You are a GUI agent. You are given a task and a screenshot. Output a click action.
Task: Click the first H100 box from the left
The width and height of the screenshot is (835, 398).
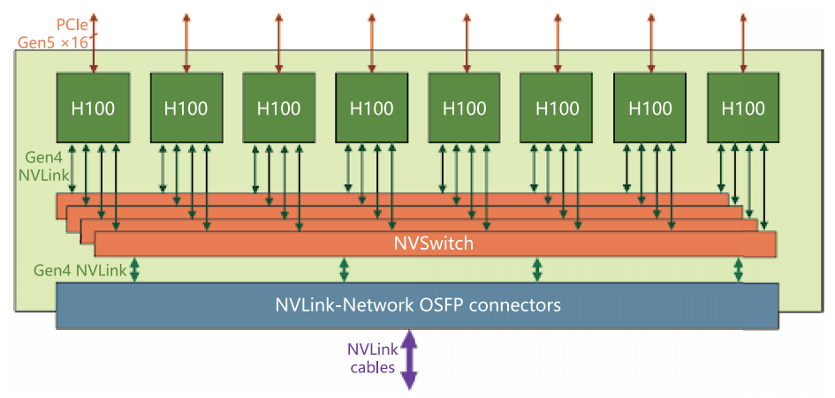[93, 108]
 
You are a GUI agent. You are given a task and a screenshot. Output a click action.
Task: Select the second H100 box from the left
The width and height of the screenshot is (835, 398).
[186, 108]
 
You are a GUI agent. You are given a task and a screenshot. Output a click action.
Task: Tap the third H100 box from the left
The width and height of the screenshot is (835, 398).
[278, 108]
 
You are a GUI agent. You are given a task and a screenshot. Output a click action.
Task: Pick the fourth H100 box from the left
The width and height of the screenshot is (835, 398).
[371, 108]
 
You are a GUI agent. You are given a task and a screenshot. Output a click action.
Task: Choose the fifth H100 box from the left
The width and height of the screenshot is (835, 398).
[464, 108]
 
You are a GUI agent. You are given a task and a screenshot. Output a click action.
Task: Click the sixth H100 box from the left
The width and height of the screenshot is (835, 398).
[557, 108]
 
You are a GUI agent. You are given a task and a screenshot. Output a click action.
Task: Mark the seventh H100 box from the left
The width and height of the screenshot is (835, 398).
[649, 108]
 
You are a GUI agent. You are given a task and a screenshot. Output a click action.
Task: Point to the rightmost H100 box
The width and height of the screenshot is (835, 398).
[742, 108]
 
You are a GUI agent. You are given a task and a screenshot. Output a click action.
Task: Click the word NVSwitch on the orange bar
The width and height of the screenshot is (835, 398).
[434, 244]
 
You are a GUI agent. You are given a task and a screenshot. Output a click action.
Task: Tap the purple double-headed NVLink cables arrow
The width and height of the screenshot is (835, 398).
[409, 359]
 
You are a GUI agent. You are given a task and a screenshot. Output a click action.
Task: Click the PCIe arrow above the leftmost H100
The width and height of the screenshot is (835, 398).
[93, 40]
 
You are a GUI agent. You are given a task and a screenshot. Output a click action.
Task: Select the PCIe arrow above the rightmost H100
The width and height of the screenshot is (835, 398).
[742, 40]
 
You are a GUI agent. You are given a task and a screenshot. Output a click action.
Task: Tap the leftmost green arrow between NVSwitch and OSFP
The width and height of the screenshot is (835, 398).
[135, 270]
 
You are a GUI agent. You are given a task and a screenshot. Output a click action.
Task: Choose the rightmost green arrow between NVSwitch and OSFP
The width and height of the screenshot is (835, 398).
[738, 270]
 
